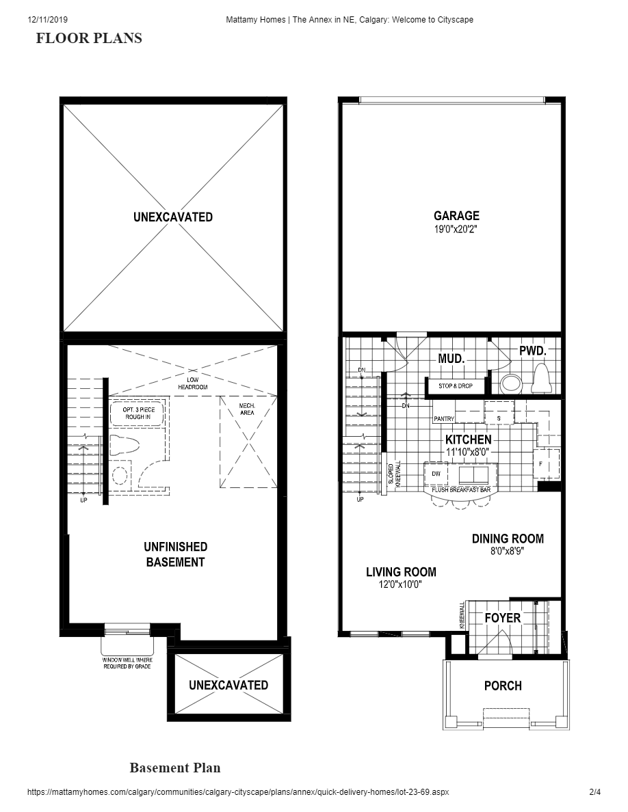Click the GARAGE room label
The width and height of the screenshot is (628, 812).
(x=456, y=216)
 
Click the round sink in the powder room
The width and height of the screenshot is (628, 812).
(x=510, y=384)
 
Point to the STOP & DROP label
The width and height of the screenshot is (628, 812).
(x=455, y=386)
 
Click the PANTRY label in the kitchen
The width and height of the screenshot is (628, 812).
(x=444, y=418)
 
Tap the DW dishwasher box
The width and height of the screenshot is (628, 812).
(x=436, y=473)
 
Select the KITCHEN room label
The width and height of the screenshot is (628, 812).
(x=468, y=439)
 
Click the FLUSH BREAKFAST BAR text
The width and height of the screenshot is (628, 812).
(x=461, y=490)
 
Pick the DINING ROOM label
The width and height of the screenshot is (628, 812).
(x=508, y=539)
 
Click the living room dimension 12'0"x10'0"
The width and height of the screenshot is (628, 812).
(x=401, y=584)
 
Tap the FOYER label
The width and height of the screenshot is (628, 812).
(x=503, y=618)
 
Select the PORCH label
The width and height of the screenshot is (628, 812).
(x=503, y=686)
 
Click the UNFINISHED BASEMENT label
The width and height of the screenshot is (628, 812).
(x=175, y=554)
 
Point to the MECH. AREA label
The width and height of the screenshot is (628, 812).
(x=247, y=409)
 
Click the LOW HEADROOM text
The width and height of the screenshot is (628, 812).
(x=193, y=383)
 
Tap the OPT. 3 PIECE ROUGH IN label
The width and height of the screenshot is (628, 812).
(x=137, y=413)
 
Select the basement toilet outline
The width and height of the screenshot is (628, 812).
(x=124, y=446)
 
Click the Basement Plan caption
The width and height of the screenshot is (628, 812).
(x=175, y=768)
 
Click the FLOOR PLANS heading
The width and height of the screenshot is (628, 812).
(x=89, y=38)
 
